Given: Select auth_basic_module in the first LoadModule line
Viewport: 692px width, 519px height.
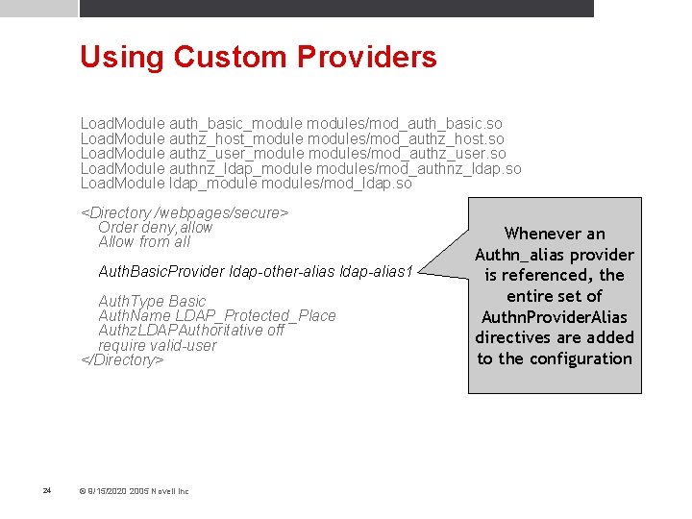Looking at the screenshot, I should (235, 124).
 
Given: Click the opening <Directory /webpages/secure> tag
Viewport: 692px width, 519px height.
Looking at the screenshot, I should (185, 212).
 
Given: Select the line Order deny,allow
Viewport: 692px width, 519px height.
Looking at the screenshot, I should (156, 227).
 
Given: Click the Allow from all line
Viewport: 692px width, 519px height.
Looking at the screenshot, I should (144, 241).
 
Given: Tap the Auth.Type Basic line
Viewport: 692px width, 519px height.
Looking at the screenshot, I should (152, 301).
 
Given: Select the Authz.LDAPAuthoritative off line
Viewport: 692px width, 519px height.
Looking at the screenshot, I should (191, 330).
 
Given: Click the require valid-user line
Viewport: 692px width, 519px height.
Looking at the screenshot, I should (158, 345).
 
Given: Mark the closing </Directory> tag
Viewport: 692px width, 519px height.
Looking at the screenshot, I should (123, 359).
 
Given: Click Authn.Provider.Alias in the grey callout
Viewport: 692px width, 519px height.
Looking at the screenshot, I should (555, 317).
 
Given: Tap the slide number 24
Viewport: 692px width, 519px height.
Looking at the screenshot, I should (47, 491).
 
